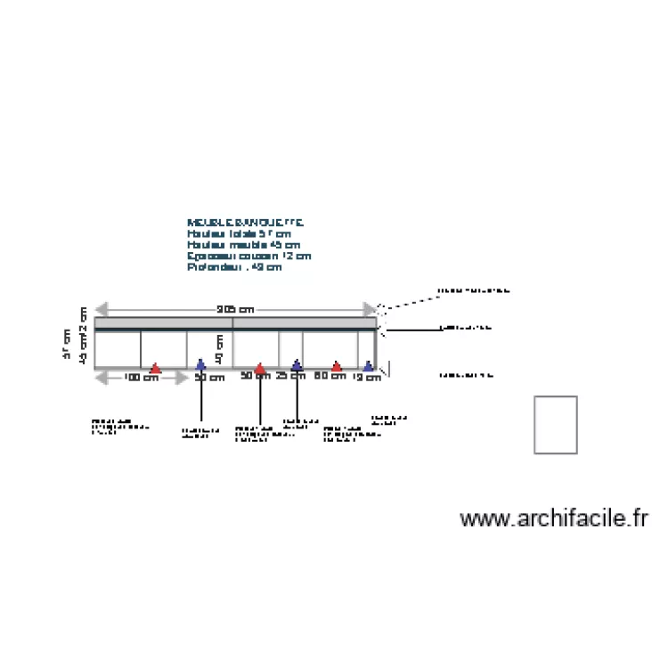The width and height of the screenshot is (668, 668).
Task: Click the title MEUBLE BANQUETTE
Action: point(245,222)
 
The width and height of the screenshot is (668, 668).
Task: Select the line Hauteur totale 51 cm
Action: point(239,233)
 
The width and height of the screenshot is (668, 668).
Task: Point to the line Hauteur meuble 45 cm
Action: point(243,244)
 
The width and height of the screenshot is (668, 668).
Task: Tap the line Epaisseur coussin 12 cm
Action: point(249,256)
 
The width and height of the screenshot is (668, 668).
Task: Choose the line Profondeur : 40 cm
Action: point(234,266)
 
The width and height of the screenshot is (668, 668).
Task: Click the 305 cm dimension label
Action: point(235,310)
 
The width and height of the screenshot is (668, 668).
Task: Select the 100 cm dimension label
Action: point(141,378)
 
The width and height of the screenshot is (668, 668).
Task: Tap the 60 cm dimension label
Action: point(330,376)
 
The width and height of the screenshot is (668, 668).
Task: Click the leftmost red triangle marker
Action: point(155,368)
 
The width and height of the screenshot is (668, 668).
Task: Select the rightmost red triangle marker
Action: point(337,366)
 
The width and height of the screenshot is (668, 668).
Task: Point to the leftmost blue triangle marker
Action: point(200,363)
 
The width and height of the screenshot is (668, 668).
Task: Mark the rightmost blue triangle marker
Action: point(368,365)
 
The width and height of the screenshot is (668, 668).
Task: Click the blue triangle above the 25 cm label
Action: point(297,364)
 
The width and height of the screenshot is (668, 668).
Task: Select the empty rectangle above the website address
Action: point(556,425)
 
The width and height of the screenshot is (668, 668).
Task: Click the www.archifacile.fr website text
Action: point(553,519)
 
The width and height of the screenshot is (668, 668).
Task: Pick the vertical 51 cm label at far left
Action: point(67,344)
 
